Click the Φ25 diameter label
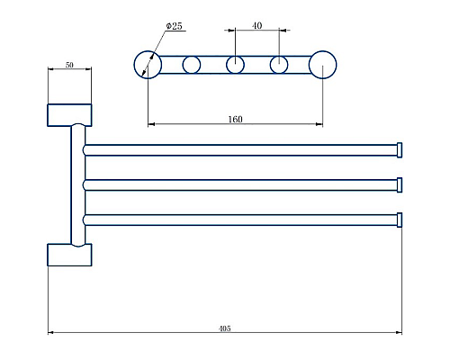point(174,27)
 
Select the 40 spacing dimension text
point(256,26)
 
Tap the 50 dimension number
point(69,66)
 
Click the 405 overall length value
point(224,328)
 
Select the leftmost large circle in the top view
point(148,64)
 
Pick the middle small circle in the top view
point(235,64)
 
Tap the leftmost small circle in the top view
point(191,64)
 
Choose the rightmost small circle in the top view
point(279,64)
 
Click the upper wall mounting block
point(69,114)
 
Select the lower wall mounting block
point(69,255)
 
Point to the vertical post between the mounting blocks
point(76,184)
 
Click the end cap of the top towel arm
point(400,149)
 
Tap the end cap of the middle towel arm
point(400,184)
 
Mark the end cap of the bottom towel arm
point(400,220)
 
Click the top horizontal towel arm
point(238,149)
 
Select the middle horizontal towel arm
point(238,184)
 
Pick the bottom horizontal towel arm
point(238,220)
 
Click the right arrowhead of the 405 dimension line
point(399,333)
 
